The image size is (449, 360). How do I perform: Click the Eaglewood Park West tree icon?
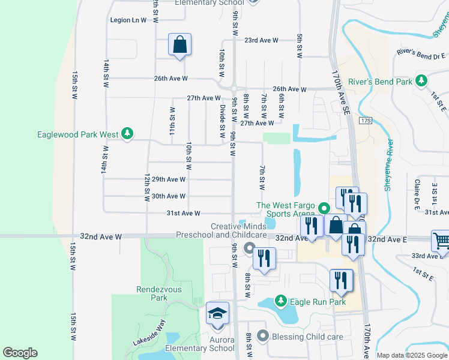click(127, 134)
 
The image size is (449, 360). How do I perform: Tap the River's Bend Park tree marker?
click(421, 80)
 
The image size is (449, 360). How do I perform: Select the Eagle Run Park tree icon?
click(279, 301)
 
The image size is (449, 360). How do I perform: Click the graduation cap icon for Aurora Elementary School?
click(217, 314)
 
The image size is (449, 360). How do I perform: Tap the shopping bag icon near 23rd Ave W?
click(179, 44)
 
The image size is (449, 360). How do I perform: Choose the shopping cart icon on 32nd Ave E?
click(441, 241)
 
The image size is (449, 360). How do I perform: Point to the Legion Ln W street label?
click(128, 20)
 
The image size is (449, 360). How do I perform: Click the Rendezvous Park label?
click(151, 293)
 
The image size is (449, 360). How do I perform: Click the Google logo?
click(20, 353)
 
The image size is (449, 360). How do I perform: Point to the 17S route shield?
click(366, 121)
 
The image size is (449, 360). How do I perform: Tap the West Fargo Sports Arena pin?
click(324, 209)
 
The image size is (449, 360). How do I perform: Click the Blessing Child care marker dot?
click(261, 337)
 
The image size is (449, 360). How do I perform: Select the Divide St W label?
click(222, 118)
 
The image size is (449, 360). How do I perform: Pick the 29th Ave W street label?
click(169, 179)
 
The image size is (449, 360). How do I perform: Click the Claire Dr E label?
click(416, 194)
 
